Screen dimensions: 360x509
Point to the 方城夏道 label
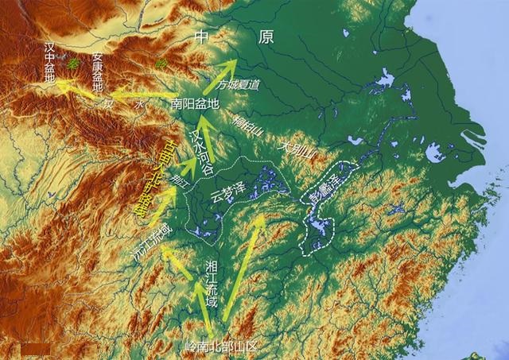(238, 84)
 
